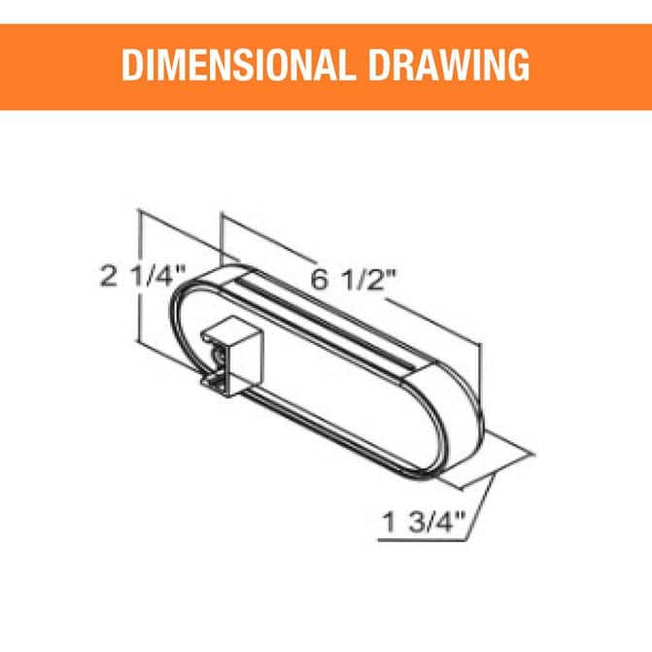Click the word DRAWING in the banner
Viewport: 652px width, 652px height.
coord(449,65)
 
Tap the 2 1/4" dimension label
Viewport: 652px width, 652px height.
coord(142,276)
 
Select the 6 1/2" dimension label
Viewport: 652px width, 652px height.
coord(354,280)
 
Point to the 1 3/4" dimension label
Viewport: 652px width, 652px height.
coord(423,522)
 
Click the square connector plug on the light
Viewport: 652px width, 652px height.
coord(232,356)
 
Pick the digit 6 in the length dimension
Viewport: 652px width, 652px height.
coord(319,280)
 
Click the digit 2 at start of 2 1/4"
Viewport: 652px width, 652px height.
coord(109,276)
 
